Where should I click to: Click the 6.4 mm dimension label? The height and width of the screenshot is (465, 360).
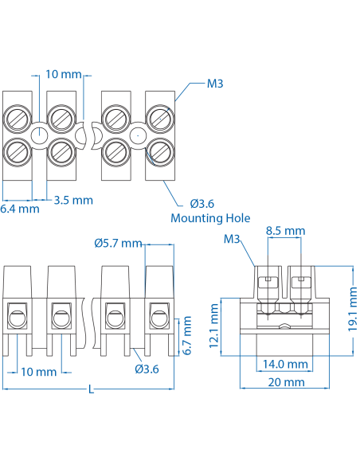[19, 209]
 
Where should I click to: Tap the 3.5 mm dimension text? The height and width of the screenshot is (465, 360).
[73, 200]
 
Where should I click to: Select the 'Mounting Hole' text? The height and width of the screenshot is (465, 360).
[210, 217]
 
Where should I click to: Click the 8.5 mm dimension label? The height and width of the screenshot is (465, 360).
[285, 231]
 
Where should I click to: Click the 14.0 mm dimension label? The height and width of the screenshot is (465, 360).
[286, 364]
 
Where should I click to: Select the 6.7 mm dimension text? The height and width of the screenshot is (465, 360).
[188, 335]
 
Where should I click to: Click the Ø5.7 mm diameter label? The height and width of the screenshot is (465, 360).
[117, 243]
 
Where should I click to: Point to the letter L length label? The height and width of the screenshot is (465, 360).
[92, 390]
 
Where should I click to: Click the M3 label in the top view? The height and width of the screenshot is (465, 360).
[215, 83]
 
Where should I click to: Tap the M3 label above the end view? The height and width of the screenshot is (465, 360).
[232, 239]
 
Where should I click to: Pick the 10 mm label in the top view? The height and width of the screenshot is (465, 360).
[64, 74]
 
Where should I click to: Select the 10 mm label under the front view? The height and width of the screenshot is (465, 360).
[38, 372]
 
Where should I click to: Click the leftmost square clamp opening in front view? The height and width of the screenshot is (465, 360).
[18, 317]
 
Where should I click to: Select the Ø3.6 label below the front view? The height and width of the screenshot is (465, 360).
[147, 369]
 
